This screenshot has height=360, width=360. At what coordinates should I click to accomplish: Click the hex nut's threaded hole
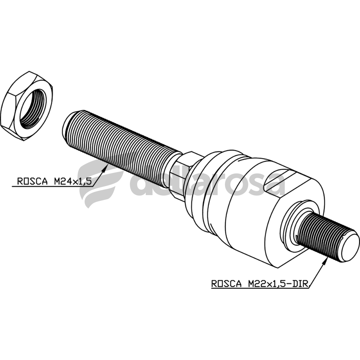point(33,109)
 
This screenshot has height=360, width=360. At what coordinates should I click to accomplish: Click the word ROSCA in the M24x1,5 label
point(32,181)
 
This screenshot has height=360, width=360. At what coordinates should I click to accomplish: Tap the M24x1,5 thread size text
point(73,181)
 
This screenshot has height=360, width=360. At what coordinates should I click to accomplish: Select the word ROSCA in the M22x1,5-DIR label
point(226,284)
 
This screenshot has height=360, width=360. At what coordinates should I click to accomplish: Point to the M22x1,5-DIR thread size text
point(278,284)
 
